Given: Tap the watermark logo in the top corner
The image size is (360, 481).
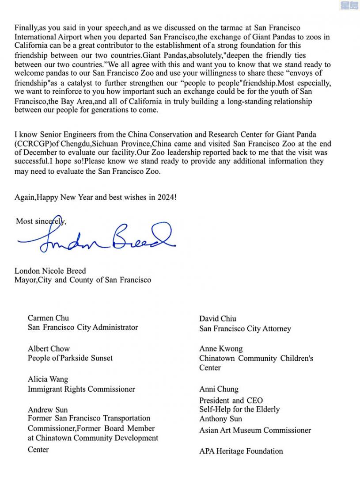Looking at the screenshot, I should coord(350,5).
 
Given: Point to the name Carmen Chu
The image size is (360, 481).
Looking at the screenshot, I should coord(48,318).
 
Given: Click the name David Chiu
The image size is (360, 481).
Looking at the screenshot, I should coord(218,318).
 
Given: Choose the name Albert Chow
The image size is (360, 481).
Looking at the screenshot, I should coord(49,349).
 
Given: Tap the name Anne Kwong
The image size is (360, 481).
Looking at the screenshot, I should coord(221,349).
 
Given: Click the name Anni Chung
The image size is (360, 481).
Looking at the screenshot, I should coord(219,389).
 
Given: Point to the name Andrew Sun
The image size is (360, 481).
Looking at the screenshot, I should coord(48,410).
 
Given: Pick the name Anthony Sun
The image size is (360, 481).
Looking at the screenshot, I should coord(220,419).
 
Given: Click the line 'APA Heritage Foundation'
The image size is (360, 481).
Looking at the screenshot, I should coord(241,451).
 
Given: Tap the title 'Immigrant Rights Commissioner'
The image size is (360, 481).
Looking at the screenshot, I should coord(81,389).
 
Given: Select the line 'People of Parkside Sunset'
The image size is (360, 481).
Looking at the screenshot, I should coord(70,358).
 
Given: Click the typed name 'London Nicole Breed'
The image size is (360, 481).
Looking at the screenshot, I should coord(50,271).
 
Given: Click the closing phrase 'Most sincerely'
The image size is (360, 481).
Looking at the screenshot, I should coord(41,221).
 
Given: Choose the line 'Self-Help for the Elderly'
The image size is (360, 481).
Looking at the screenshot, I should coord(239,409).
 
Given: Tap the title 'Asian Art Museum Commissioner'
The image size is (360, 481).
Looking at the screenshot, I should coord(255,430).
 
